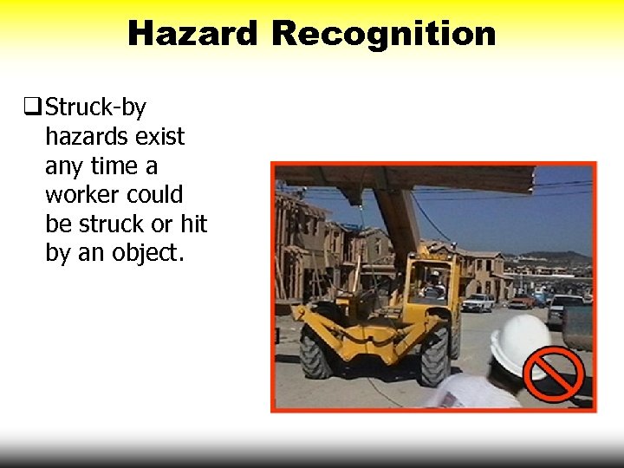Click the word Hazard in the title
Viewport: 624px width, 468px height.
[x=193, y=34]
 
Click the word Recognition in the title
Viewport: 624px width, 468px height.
[x=383, y=34]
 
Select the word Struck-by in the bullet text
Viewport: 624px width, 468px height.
[x=95, y=107]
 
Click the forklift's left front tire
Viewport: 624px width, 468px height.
[x=316, y=352]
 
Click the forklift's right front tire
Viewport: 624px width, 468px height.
[x=434, y=356]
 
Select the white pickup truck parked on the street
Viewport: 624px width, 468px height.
[x=478, y=302]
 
